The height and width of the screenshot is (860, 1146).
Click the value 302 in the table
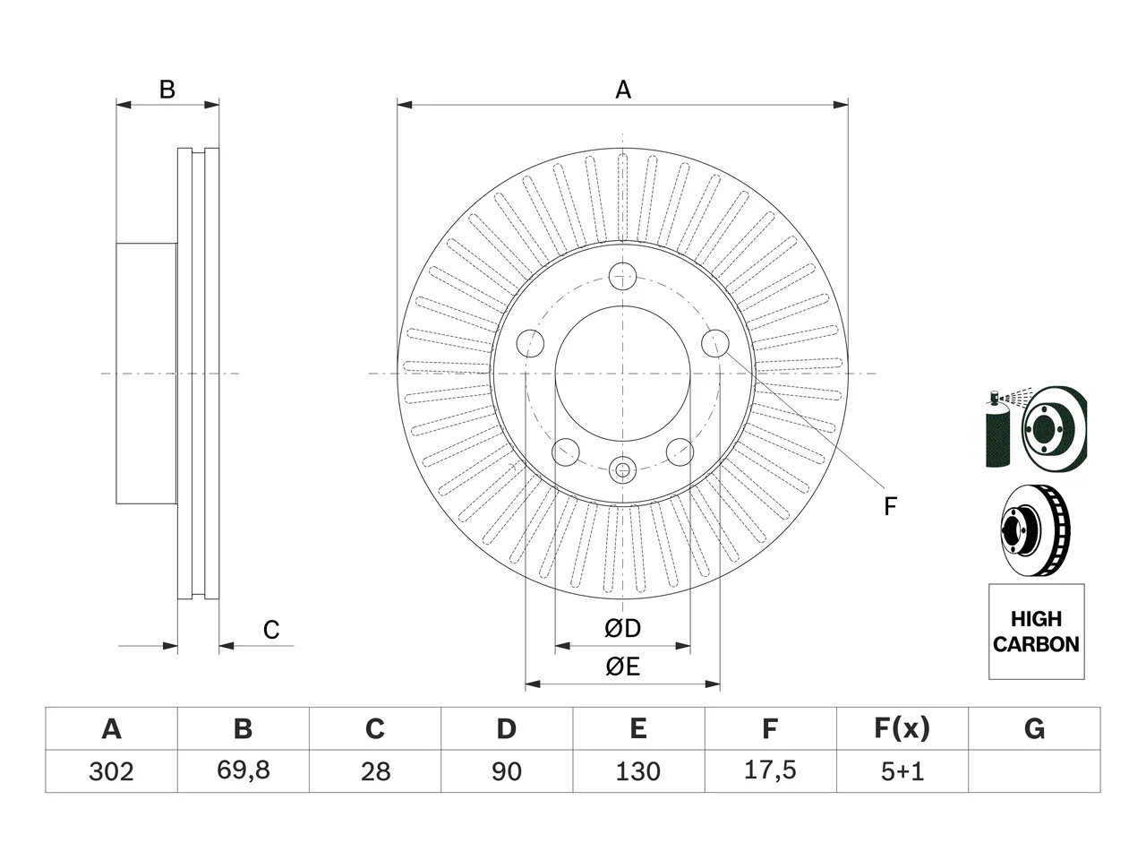111,771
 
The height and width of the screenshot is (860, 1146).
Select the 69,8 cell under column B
244,770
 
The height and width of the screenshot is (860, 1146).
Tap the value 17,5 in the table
770,770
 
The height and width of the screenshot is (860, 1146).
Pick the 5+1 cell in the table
902,771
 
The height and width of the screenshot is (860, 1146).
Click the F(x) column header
902,728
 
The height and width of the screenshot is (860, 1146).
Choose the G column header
1034,728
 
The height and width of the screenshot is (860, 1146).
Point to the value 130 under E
638,771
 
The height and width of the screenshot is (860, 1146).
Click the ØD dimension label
622,628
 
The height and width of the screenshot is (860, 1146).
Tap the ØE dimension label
622,666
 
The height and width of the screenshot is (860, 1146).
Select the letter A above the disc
623,90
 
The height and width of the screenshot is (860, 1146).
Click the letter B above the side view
167,90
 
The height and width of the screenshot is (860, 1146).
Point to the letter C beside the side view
271,630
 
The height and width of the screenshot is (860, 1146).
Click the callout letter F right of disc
890,506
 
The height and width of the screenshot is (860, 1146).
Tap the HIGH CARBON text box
1037,632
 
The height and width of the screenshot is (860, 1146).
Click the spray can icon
997,428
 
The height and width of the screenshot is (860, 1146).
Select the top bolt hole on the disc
622,277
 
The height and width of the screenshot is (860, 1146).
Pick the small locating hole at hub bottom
622,470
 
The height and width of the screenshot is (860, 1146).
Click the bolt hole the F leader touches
714,344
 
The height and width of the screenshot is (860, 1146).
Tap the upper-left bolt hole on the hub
530,344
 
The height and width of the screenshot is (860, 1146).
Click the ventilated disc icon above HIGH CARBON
1036,531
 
